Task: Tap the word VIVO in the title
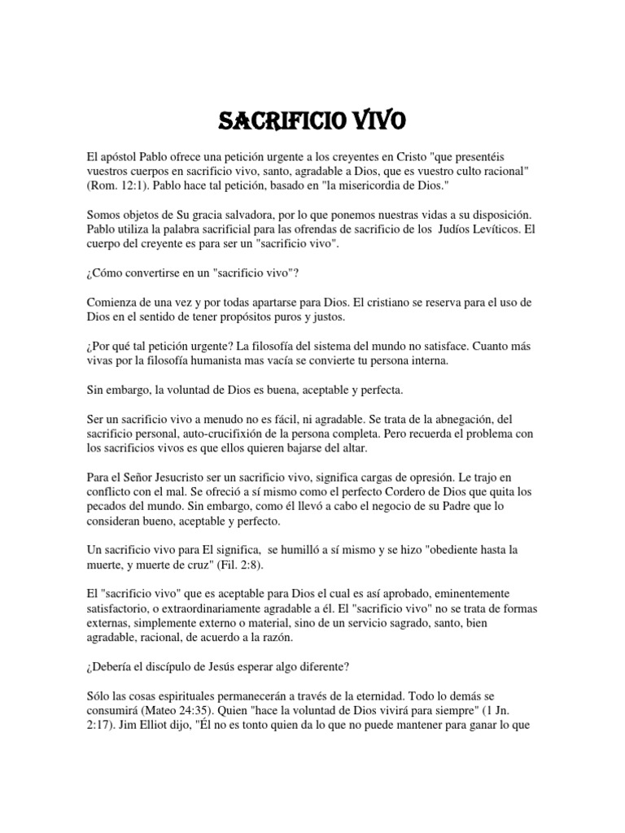(x=373, y=122)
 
